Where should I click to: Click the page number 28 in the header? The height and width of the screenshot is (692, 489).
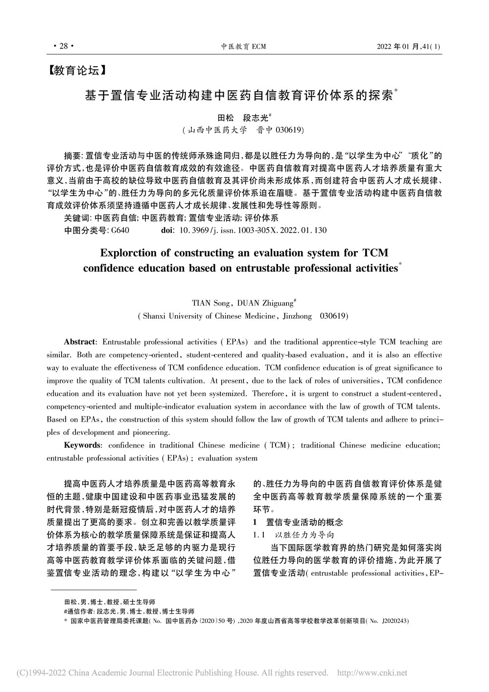click(x=63, y=47)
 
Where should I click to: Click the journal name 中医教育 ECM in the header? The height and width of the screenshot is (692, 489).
click(x=243, y=47)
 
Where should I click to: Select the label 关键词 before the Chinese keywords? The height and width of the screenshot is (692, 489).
click(x=76, y=218)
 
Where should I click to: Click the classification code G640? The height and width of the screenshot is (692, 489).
click(x=120, y=230)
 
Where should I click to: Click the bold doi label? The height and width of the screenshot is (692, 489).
click(x=167, y=230)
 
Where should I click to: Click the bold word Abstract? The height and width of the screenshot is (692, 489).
click(x=81, y=341)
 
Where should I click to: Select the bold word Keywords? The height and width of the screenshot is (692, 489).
click(x=83, y=445)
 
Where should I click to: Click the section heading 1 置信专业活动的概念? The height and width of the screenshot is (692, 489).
click(x=297, y=522)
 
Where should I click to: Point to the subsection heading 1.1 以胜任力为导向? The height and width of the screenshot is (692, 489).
click(x=292, y=534)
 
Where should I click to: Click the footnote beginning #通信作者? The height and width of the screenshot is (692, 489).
click(x=129, y=611)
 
